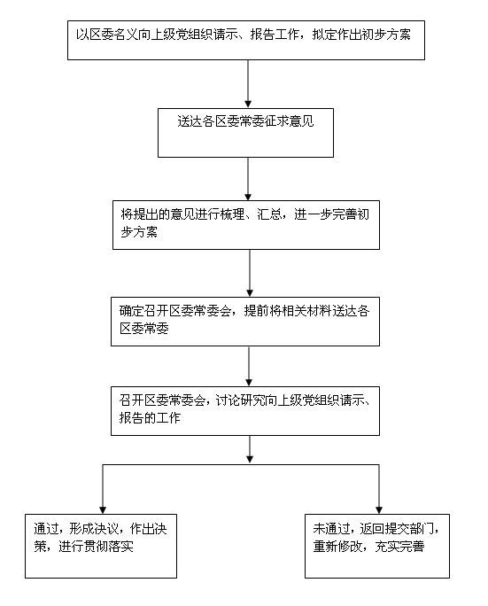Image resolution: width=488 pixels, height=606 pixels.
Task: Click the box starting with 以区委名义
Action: pos(246,40)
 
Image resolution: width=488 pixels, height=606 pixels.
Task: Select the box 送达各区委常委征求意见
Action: pos(245,133)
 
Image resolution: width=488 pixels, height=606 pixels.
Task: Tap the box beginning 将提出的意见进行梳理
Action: pos(246,224)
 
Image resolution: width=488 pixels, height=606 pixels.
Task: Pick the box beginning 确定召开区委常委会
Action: pos(245,322)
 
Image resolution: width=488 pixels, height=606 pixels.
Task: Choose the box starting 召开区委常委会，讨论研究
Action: pos(245,411)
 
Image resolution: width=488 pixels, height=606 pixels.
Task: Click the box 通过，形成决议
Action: pos(101,546)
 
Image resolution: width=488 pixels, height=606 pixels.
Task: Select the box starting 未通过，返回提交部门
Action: pos(377,546)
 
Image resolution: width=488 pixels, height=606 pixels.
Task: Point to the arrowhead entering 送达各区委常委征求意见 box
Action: pos(248,105)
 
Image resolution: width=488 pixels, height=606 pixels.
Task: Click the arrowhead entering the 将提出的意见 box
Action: pos(248,197)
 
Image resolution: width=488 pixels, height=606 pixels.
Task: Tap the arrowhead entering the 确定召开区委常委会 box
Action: pos(250,293)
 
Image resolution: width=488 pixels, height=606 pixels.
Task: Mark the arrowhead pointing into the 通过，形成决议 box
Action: pos(103,510)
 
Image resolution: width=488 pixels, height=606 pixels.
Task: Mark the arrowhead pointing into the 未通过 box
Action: pos(379,510)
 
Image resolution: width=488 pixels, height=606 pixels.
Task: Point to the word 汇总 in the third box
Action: pos(269,214)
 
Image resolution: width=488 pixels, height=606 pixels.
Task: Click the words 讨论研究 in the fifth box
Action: pos(239,400)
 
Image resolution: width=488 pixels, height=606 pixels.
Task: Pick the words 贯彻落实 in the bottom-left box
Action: pos(109,546)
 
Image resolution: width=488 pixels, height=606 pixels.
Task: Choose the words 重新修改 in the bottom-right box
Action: pos(337,546)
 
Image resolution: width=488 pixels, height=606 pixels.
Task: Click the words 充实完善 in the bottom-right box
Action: pos(400,546)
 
